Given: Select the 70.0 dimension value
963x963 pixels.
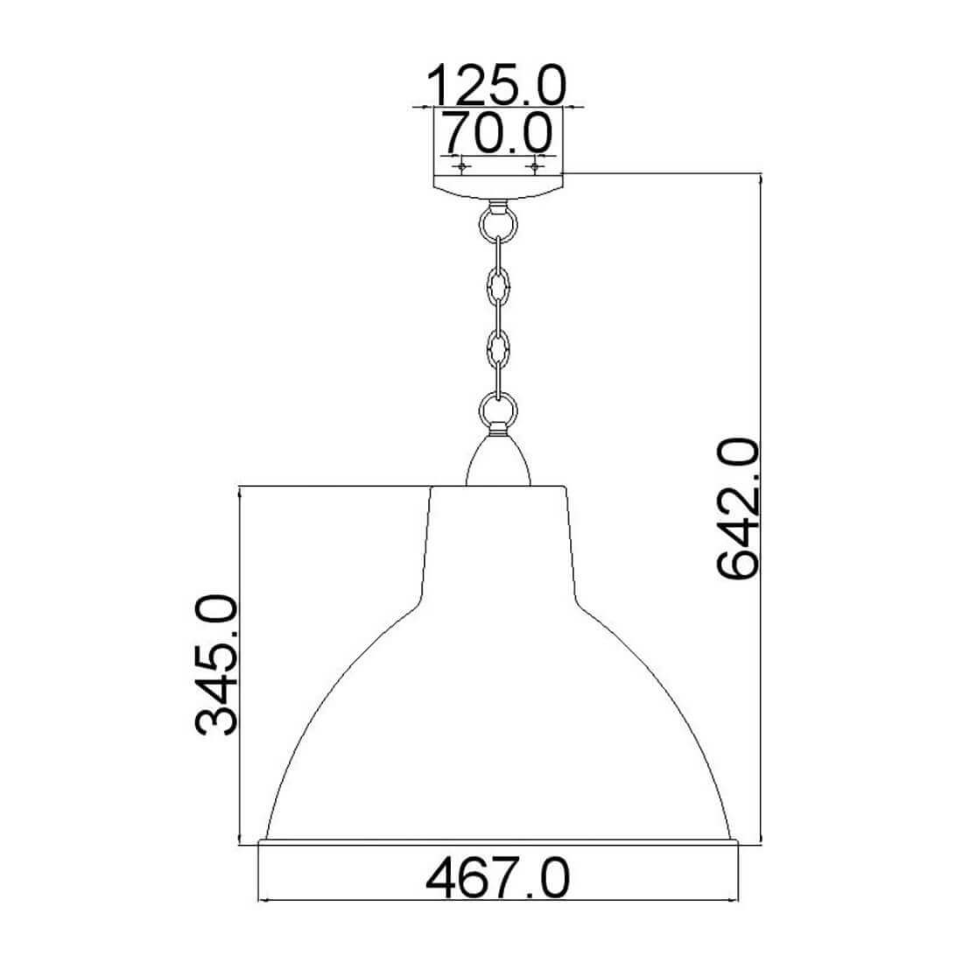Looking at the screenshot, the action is [x=498, y=133].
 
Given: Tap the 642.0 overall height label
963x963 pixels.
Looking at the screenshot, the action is [x=738, y=509].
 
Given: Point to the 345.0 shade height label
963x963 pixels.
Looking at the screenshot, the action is [x=215, y=664].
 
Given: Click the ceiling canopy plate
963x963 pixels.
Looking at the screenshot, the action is [x=498, y=186].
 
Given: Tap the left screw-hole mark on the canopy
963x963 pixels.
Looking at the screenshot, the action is [x=461, y=165].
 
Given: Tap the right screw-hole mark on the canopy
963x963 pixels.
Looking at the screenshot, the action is [x=535, y=165].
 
